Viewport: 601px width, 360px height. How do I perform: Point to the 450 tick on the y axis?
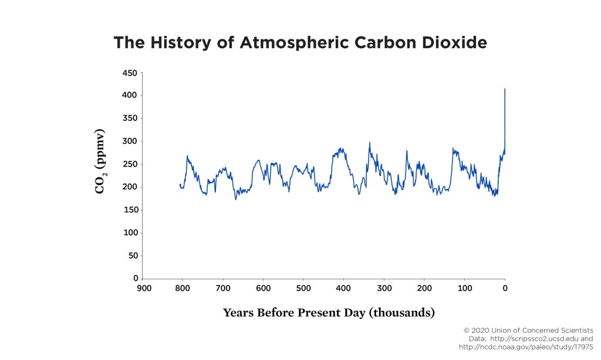tap(129, 73)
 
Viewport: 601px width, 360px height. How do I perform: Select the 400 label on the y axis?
tap(129, 95)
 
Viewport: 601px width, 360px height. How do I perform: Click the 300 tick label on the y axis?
tap(129, 141)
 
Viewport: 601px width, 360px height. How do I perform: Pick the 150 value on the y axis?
tap(129, 210)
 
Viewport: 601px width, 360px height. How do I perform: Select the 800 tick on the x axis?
tap(183, 288)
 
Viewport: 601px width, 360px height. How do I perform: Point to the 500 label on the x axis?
tap(303, 288)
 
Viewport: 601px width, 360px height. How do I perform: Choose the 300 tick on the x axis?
tap(384, 288)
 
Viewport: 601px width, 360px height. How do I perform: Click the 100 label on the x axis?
tap(465, 288)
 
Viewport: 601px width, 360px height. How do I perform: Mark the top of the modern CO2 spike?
tap(505, 89)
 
